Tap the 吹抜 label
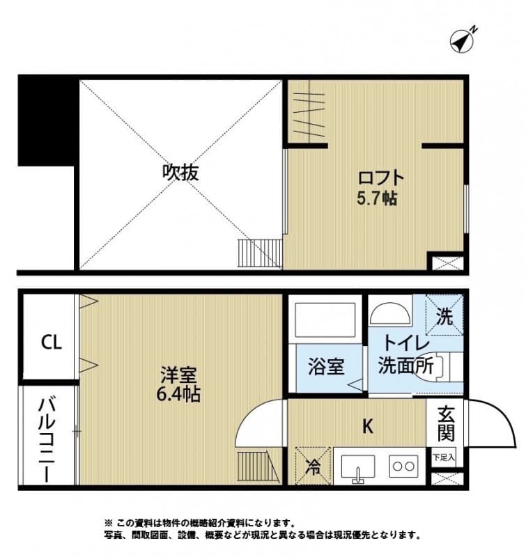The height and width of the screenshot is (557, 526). pos(180,172)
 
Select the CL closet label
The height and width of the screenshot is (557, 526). pos(50,342)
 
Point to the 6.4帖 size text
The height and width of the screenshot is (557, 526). pos(178,395)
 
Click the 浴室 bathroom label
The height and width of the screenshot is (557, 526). pos(325,366)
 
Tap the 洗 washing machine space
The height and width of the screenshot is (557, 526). pos(444,317)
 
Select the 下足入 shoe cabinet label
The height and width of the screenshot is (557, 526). pos(443,457)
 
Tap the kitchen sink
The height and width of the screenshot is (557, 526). pos(357,467)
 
